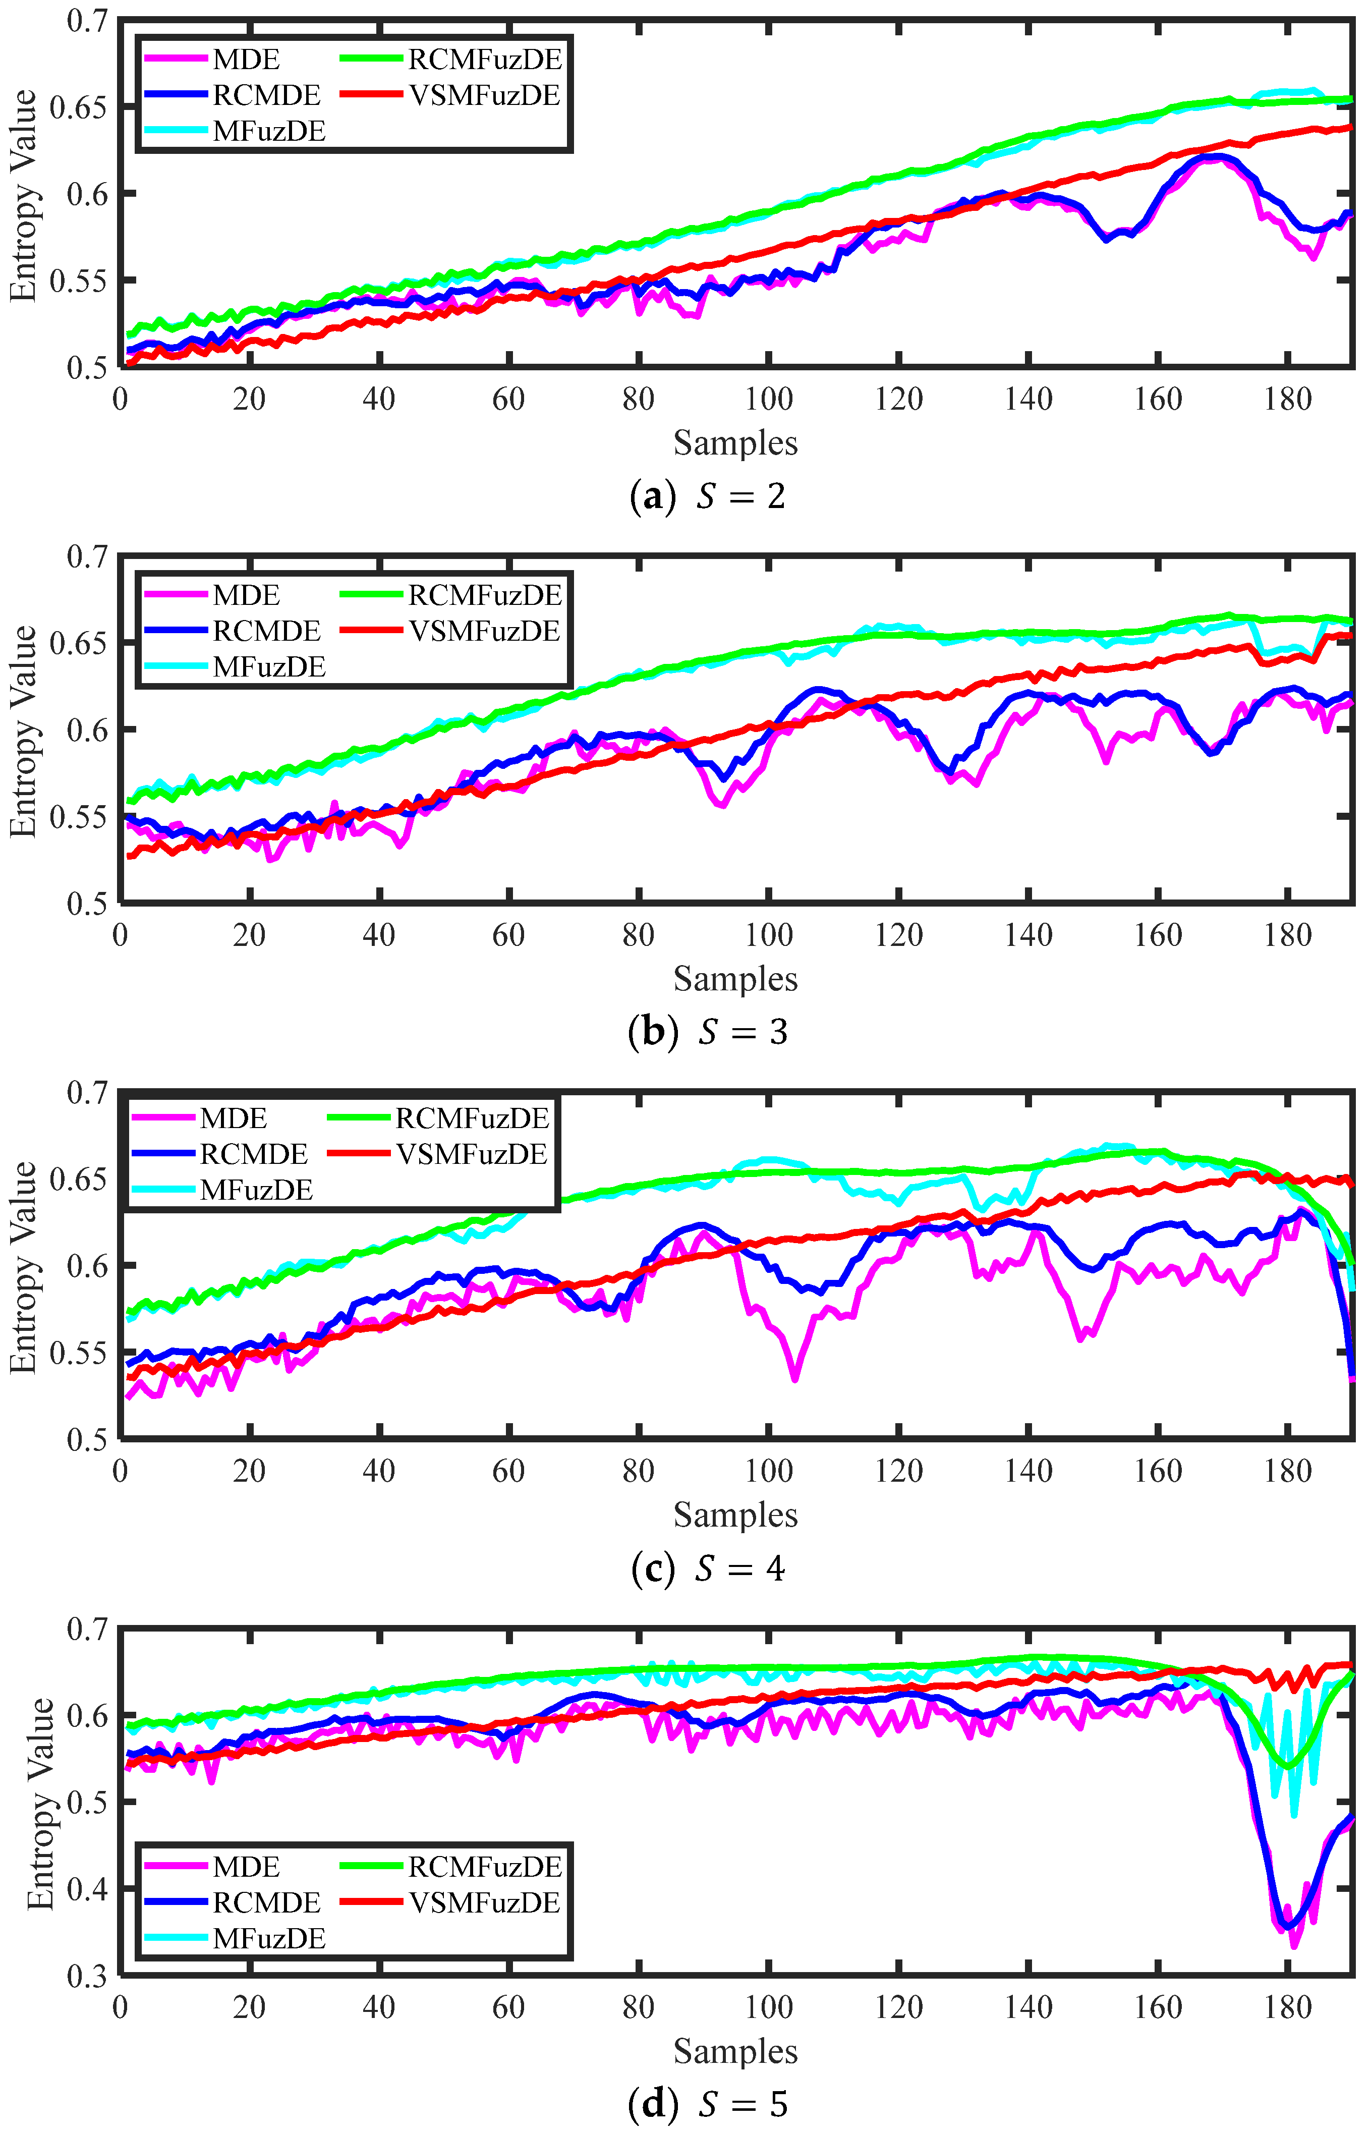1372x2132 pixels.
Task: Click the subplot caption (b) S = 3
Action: click(x=708, y=1032)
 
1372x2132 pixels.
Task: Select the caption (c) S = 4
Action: click(x=708, y=1568)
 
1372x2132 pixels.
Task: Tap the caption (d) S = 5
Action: click(x=708, y=2103)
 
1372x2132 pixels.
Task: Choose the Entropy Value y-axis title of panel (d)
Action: click(x=40, y=1803)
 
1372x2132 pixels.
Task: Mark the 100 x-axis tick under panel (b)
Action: click(x=768, y=935)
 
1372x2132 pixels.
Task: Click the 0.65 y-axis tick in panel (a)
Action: click(x=78, y=107)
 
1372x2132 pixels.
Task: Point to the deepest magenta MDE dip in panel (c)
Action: click(x=794, y=1379)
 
